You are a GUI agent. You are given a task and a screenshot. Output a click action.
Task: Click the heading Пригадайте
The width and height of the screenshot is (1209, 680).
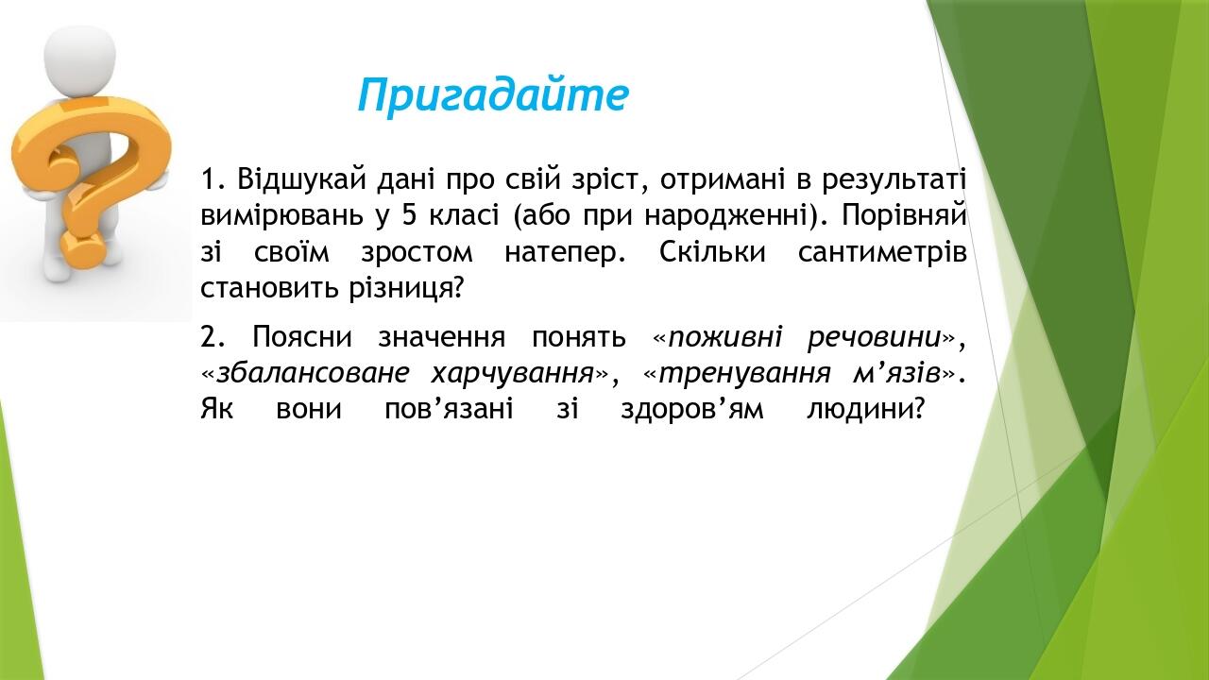[492, 95]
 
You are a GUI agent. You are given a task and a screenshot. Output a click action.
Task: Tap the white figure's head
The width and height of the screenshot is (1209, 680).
[79, 57]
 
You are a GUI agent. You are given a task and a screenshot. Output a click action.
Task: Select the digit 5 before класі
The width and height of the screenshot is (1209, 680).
[409, 215]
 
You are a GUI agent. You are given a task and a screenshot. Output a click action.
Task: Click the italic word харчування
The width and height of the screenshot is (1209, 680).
[512, 374]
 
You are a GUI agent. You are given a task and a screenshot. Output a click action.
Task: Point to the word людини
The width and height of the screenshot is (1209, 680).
[863, 411]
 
